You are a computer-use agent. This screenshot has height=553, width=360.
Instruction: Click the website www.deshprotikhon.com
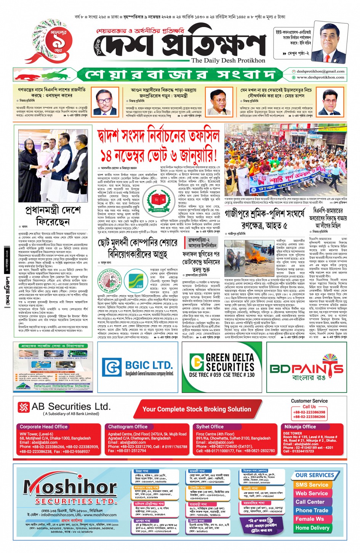(x=320, y=77)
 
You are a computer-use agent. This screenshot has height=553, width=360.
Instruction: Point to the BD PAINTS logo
(x=306, y=368)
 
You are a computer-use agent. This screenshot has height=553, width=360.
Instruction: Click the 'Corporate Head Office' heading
(x=44, y=427)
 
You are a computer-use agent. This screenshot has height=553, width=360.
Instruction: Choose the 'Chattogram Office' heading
(x=128, y=427)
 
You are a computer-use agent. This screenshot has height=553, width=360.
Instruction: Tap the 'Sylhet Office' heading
(x=210, y=427)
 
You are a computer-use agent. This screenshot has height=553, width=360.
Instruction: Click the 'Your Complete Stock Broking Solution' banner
(x=197, y=409)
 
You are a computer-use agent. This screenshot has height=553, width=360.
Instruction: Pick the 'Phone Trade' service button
(x=312, y=510)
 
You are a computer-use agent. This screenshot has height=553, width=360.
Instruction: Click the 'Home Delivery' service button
(x=312, y=528)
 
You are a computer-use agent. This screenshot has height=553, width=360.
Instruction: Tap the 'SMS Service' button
(x=312, y=485)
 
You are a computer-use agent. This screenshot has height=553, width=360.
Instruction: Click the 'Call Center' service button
(x=310, y=502)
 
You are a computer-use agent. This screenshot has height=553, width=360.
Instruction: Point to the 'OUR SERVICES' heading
(x=315, y=475)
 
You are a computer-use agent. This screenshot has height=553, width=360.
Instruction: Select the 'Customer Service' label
(x=309, y=401)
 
